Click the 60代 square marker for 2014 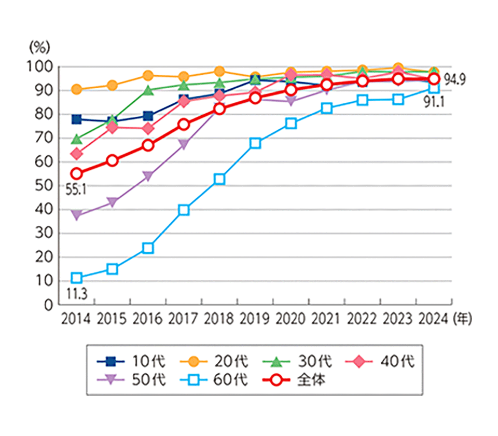(x=77, y=278)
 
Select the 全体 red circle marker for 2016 (x=148, y=145)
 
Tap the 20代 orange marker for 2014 (x=77, y=89)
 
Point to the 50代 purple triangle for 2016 (x=148, y=176)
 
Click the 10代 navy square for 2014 (x=77, y=119)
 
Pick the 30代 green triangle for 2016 (x=148, y=90)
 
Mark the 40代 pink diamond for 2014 (x=77, y=154)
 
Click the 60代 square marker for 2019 (x=255, y=143)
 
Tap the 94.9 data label (x=455, y=80)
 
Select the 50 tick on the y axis (x=44, y=186)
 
